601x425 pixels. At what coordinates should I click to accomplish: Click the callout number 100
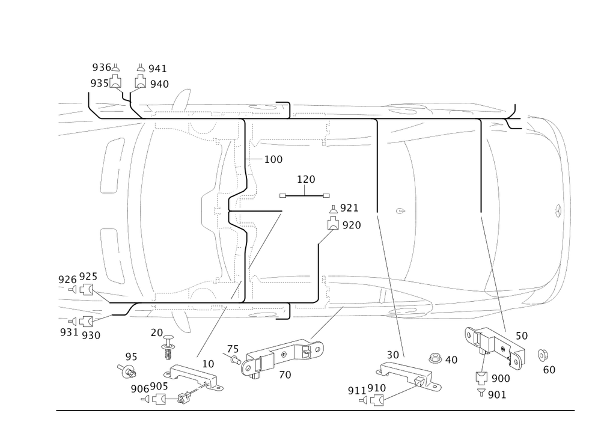[273, 160]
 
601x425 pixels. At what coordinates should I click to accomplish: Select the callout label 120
[306, 179]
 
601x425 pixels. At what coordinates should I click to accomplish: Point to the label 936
[101, 67]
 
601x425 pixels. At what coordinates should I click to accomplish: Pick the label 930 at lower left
[91, 334]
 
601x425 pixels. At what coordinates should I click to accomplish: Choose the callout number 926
[67, 279]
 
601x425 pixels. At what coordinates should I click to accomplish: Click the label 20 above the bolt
[156, 332]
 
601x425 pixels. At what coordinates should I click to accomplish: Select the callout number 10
[208, 364]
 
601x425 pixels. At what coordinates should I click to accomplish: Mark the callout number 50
[521, 336]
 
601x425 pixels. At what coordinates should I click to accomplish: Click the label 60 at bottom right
[549, 370]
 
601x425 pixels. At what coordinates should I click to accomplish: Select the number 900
[501, 378]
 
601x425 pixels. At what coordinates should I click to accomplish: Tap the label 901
[497, 395]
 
